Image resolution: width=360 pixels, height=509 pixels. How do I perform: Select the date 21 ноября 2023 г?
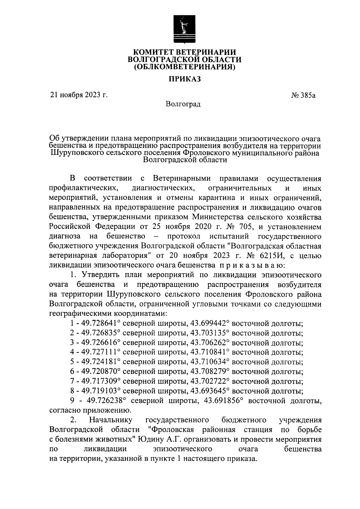[79, 95]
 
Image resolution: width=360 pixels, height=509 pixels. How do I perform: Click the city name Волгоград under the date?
[183, 104]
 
